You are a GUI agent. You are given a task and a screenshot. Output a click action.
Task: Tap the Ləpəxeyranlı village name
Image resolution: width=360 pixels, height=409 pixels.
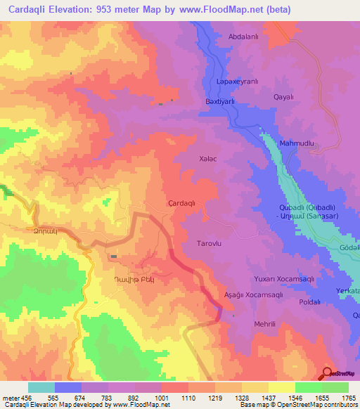tap(237, 82)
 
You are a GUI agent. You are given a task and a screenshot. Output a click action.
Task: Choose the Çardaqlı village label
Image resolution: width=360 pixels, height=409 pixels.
tap(186, 202)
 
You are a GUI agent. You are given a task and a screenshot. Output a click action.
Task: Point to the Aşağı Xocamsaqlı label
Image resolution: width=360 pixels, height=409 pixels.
tap(252, 294)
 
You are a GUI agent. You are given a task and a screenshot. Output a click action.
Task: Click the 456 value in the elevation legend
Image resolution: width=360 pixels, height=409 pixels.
tap(21, 397)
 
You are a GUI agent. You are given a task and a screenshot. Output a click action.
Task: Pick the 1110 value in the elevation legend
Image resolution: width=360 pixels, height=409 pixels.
tap(188, 397)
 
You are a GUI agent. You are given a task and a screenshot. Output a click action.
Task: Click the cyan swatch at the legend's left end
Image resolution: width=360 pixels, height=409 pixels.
tap(41, 387)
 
